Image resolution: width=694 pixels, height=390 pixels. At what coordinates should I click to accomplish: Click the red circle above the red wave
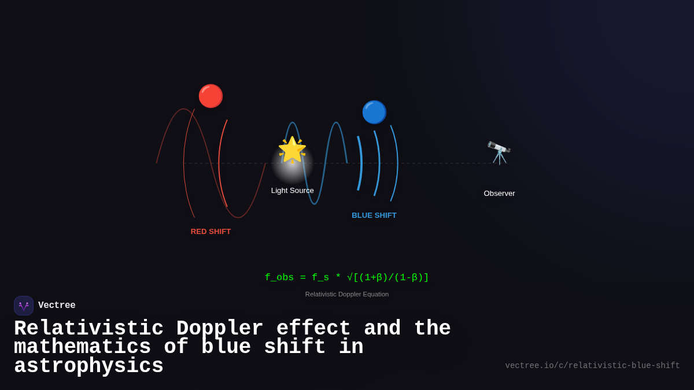coord(211,96)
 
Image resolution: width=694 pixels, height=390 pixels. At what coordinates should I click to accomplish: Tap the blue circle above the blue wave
coord(374,112)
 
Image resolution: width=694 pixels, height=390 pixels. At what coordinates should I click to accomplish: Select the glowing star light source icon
coord(292,150)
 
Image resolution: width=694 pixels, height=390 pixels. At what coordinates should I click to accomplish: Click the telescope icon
coord(499,153)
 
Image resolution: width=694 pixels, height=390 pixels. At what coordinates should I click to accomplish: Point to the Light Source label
coord(292,191)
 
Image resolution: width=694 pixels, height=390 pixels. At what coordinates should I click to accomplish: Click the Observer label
coord(499,194)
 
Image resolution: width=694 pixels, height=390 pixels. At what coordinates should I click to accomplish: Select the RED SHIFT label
coord(211,232)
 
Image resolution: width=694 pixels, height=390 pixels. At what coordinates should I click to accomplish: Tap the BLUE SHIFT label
coord(374,216)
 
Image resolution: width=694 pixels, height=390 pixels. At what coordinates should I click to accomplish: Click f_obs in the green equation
coord(279,278)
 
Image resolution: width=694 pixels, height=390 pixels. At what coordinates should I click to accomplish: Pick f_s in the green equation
coord(320,278)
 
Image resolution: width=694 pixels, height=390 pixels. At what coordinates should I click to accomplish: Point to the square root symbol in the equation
coord(350,278)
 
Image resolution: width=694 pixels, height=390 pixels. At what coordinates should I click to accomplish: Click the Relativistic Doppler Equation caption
coord(347,294)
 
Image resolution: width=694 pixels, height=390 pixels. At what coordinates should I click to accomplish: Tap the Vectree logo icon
coord(24,306)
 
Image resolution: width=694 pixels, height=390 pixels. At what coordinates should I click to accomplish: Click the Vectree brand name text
coord(57,306)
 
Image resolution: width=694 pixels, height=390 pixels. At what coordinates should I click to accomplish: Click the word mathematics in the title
coord(82,347)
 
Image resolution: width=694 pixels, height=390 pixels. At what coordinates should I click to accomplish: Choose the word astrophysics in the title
coord(88,366)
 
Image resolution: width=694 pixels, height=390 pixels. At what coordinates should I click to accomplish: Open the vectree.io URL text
coord(592,366)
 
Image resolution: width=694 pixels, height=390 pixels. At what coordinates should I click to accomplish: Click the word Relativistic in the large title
coord(88,329)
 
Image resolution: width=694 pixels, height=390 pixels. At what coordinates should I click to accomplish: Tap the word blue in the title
coord(226,347)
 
